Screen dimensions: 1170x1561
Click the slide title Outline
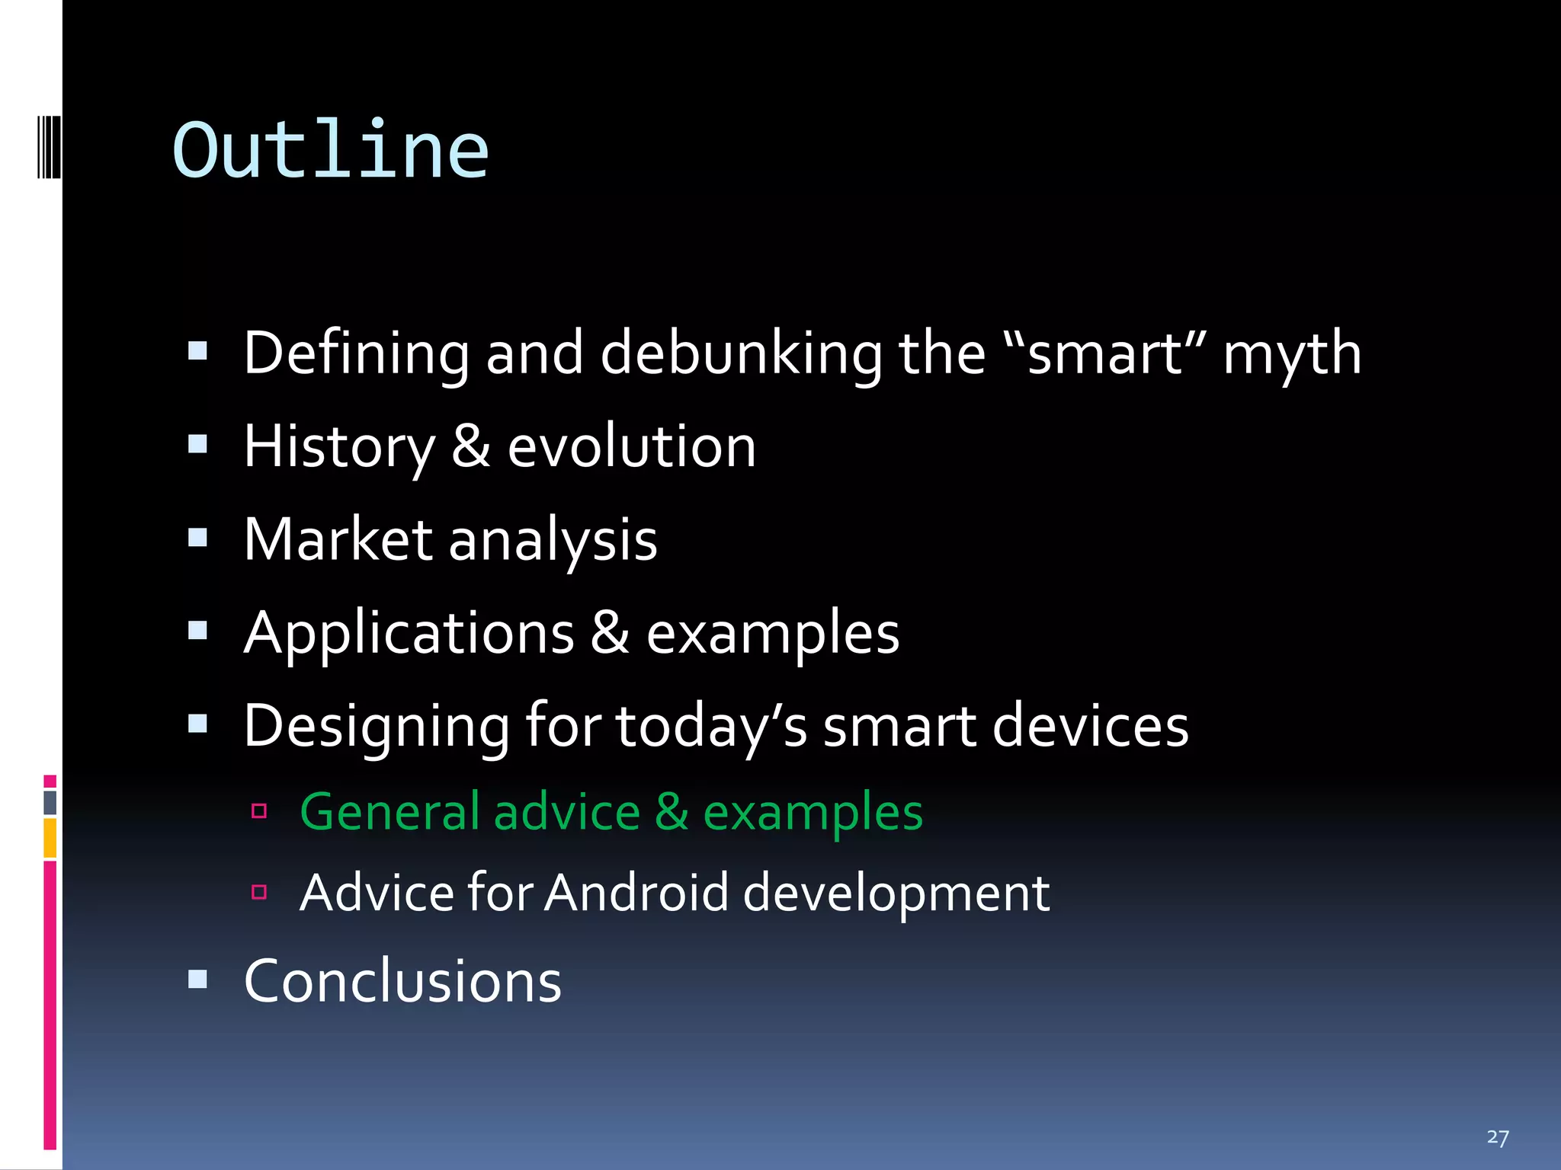point(330,151)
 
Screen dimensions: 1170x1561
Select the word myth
point(1292,355)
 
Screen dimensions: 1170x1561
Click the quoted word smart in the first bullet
point(1105,353)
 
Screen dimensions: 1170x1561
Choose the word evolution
point(632,447)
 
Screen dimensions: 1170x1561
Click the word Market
point(338,539)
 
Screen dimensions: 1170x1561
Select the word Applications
point(409,634)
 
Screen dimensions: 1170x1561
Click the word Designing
point(377,727)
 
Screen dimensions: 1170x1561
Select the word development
point(896,893)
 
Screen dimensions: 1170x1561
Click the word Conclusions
point(402,981)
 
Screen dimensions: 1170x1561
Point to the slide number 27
point(1497,1137)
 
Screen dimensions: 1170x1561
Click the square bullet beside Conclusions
point(197,979)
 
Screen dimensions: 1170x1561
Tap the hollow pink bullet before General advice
point(259,810)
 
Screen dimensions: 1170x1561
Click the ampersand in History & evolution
point(470,447)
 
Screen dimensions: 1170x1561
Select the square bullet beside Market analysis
point(197,538)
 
